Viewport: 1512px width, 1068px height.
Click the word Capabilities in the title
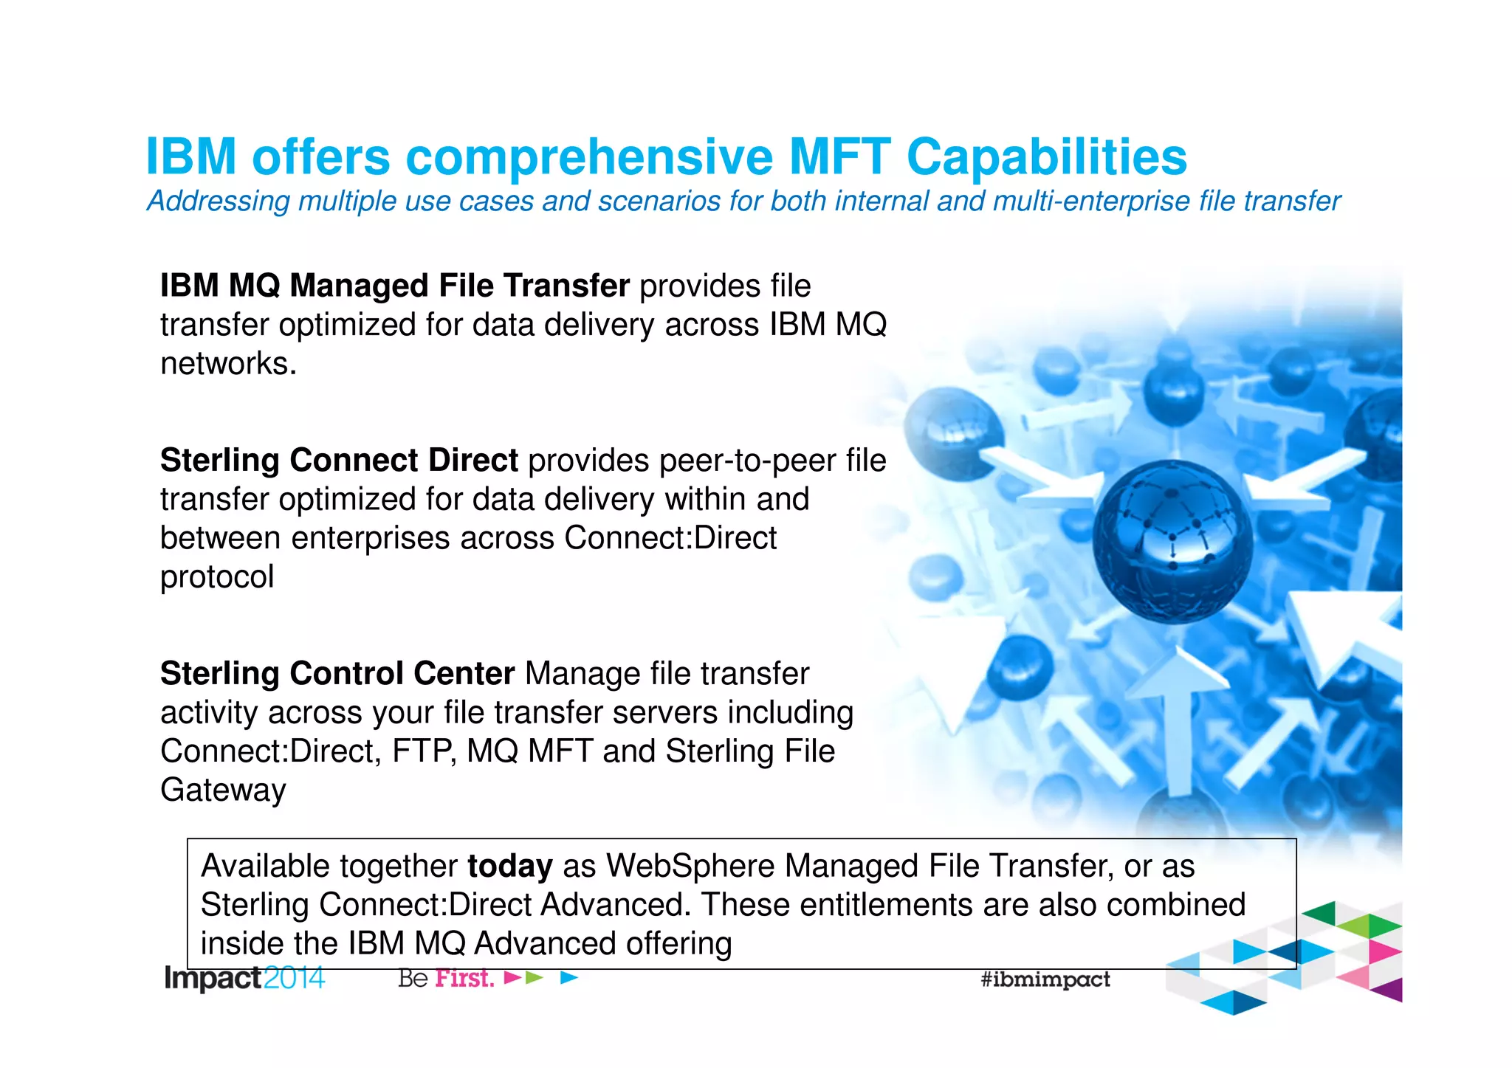1046,157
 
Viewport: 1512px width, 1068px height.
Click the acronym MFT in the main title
839,157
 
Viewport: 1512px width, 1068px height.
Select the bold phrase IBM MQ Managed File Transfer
395,286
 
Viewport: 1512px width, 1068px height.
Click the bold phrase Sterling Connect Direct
339,461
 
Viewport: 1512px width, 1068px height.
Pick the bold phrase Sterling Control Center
337,674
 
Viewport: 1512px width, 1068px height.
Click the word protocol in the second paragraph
217,577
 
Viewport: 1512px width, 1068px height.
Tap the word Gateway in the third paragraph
223,790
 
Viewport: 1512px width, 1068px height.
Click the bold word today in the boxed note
509,867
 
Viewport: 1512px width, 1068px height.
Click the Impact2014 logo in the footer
244,979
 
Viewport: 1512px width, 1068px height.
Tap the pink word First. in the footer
464,979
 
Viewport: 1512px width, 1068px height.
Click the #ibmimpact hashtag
1045,979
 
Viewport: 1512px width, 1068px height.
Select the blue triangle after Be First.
568,978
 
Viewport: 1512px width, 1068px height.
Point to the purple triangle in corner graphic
1390,990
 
